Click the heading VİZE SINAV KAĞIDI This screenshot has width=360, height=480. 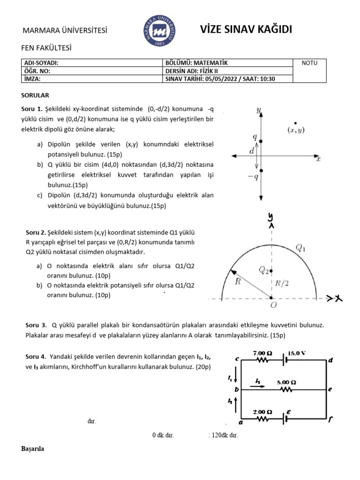tap(246, 30)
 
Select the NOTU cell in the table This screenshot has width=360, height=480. tap(310, 63)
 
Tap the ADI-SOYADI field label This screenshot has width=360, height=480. tap(41, 63)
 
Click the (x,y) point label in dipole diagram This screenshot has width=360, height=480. tap(295, 130)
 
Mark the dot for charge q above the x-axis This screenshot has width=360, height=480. tap(261, 141)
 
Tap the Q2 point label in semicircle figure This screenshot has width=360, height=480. tap(264, 270)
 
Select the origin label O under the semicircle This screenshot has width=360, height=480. tap(273, 305)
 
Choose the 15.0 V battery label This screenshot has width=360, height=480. tap(297, 353)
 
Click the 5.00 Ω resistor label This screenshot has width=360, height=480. tap(286, 382)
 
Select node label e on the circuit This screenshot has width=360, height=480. tap(330, 390)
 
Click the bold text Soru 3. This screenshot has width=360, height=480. tap(36, 325)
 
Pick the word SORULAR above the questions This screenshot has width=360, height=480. tap(35, 95)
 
